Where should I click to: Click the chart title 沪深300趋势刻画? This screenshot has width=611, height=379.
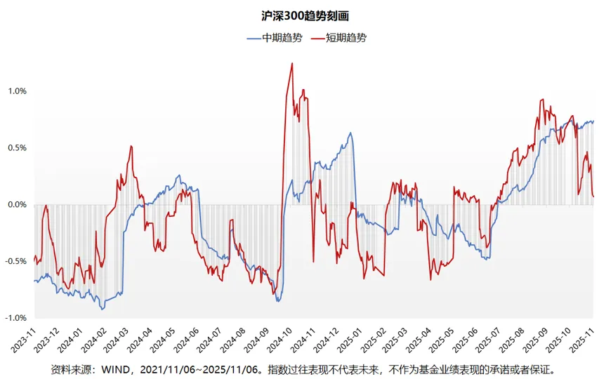305,15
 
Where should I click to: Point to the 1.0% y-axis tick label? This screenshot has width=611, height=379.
17,91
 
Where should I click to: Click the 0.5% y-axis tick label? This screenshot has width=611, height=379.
17,148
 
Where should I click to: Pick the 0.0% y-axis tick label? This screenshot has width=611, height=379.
17,205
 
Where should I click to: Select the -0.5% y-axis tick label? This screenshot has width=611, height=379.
15,261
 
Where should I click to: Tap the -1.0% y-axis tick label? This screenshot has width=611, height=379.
15,318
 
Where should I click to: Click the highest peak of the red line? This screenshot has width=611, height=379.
292,63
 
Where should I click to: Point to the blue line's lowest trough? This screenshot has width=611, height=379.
103,310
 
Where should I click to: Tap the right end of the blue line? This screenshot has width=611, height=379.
593,121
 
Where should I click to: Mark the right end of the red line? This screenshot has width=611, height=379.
593,197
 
